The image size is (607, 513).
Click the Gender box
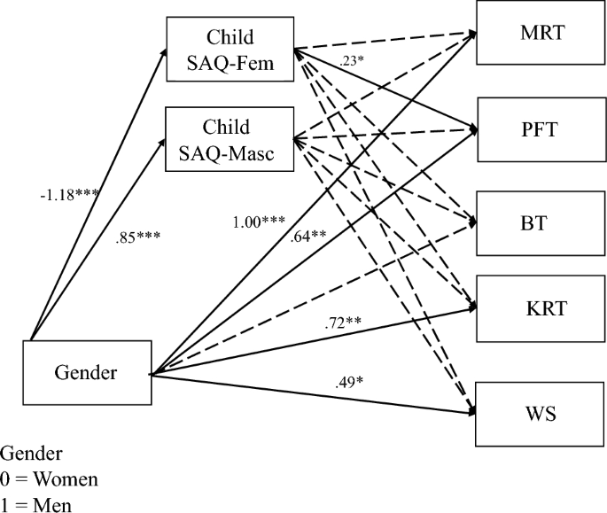[x=86, y=373]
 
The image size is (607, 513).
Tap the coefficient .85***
[x=137, y=237]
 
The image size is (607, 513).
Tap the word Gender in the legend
[x=31, y=455]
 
